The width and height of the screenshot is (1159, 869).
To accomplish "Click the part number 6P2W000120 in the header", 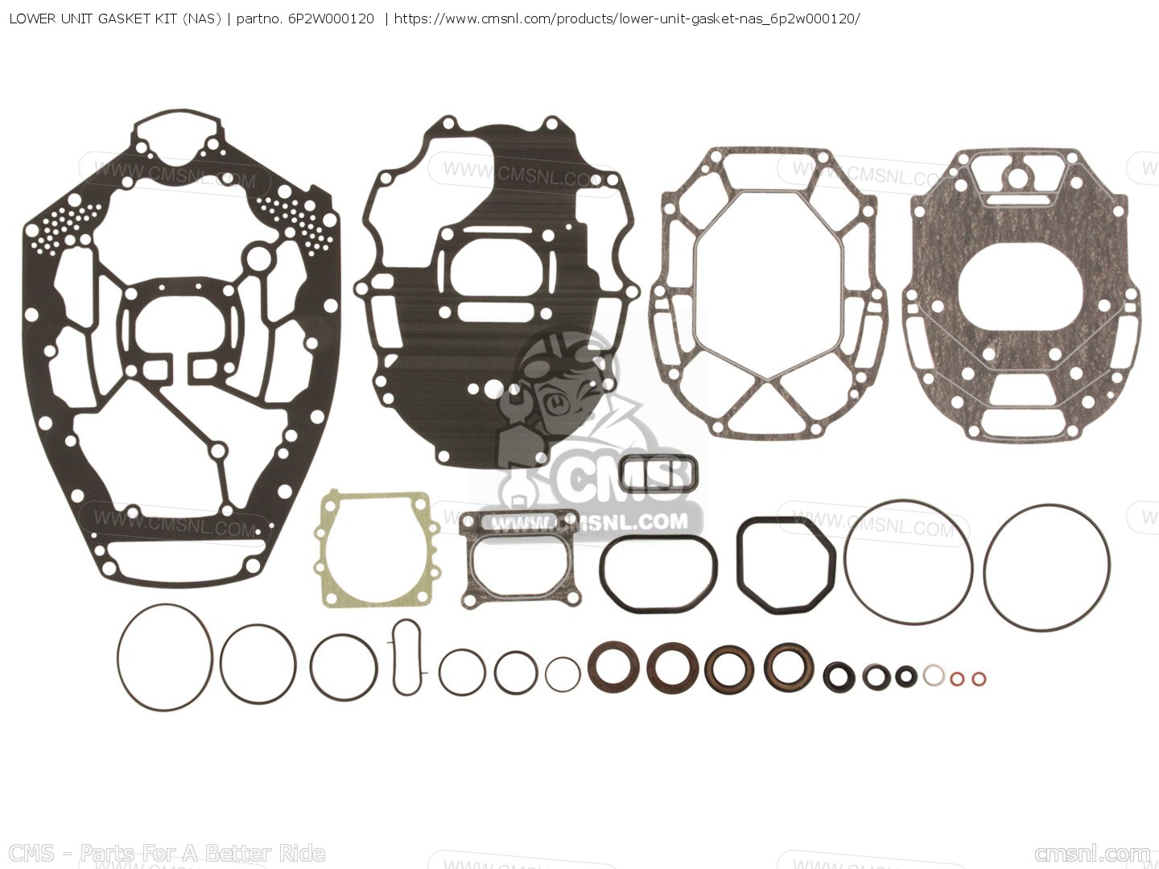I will (330, 18).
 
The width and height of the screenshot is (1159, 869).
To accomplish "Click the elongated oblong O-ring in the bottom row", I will (407, 656).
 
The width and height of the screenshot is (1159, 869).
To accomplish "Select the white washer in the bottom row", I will (933, 675).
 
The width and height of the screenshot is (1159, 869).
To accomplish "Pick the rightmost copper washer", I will (978, 679).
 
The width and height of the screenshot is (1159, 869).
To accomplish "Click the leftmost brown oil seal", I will (613, 665).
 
